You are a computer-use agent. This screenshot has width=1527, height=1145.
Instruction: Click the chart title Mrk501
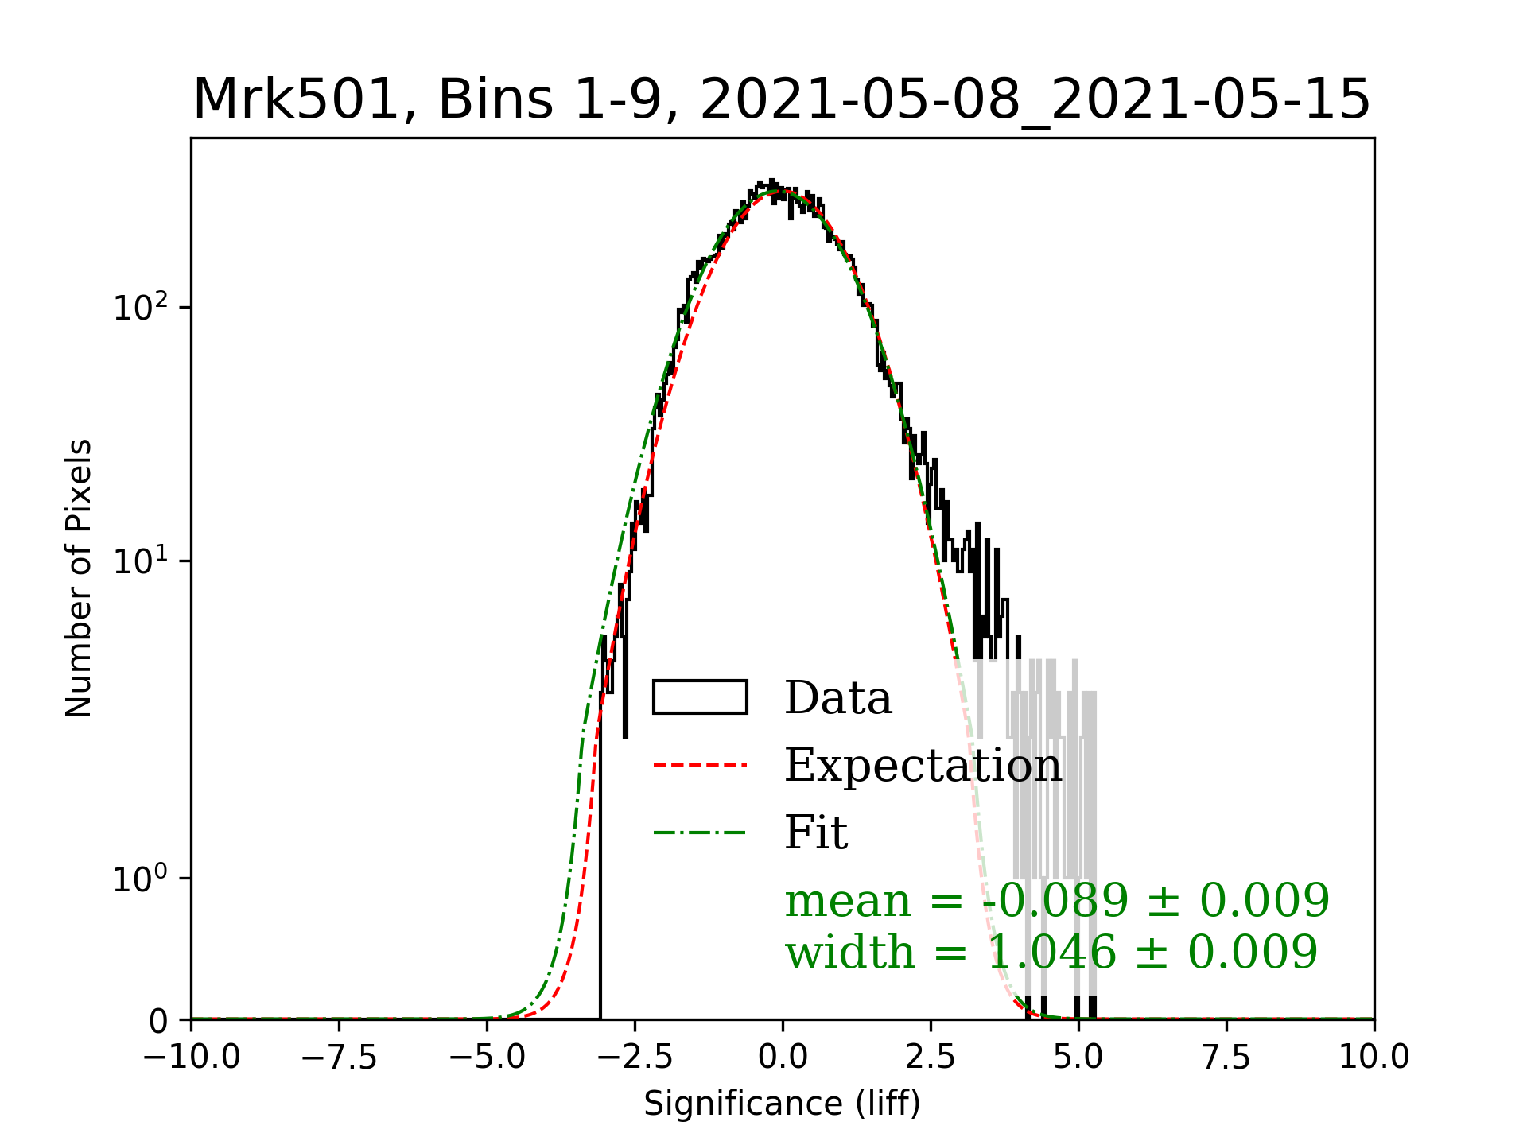(781, 100)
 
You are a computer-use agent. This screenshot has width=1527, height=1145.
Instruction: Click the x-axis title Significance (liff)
(782, 1104)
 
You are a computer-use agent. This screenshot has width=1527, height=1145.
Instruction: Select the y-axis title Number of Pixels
(79, 578)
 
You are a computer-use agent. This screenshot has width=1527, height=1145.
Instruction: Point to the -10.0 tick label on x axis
(191, 1058)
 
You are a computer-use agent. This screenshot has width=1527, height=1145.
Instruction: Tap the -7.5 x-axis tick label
(339, 1058)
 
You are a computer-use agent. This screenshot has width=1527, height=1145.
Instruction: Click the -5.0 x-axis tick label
(487, 1058)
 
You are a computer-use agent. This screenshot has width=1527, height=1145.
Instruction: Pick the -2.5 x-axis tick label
(635, 1058)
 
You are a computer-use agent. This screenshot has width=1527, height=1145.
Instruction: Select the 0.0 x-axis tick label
(783, 1058)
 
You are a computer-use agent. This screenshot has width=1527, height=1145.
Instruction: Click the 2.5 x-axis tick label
(931, 1058)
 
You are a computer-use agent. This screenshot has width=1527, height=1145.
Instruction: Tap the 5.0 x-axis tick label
(1078, 1058)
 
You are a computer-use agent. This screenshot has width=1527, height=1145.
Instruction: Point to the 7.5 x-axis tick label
(1226, 1058)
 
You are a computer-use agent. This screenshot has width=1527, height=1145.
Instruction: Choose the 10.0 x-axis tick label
(1374, 1058)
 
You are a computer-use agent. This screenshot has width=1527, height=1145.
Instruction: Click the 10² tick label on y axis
(141, 307)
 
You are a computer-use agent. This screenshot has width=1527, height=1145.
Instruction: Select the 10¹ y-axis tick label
(141, 561)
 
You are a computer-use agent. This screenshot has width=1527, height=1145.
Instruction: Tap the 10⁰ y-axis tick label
(141, 879)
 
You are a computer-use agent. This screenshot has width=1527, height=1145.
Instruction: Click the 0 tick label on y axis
(158, 1021)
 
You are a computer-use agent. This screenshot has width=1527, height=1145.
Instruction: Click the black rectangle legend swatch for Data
(700, 697)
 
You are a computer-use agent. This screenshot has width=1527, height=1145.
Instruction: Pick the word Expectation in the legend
(923, 765)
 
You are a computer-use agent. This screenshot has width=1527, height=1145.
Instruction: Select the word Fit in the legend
(816, 833)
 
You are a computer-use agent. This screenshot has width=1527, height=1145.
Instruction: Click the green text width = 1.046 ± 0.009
(1051, 952)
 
